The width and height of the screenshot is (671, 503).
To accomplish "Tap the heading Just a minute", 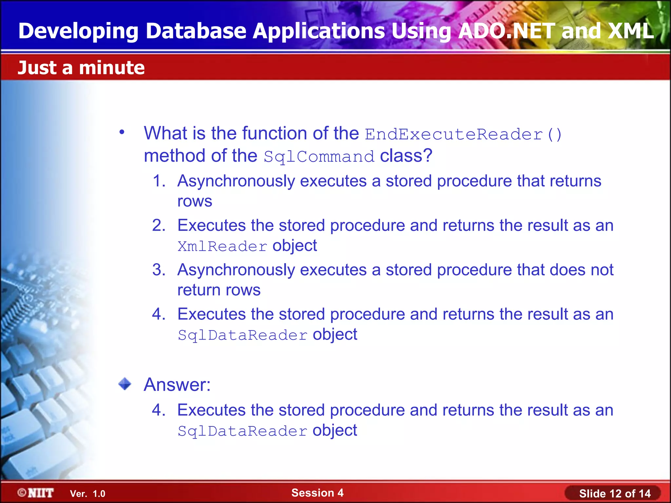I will (81, 68).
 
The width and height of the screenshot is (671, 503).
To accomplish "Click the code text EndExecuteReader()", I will (463, 135).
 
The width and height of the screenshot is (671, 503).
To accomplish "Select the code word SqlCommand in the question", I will (319, 157).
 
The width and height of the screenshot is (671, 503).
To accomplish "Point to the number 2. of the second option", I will (159, 226).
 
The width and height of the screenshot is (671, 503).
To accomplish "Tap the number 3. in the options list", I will (159, 270).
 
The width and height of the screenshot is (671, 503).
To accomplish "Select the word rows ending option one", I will (195, 201).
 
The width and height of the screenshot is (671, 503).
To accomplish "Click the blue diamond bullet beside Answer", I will (125, 384).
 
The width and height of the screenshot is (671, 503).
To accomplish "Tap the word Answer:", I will (177, 384).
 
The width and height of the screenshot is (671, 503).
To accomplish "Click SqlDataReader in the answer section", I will (242, 431).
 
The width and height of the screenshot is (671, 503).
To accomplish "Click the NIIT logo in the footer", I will (36, 493).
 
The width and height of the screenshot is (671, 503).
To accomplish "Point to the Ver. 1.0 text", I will (87, 494).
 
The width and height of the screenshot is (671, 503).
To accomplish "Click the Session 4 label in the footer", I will (317, 493).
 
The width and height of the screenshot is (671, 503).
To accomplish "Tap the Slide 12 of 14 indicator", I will (615, 494).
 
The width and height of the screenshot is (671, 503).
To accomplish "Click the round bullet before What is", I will (122, 132).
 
